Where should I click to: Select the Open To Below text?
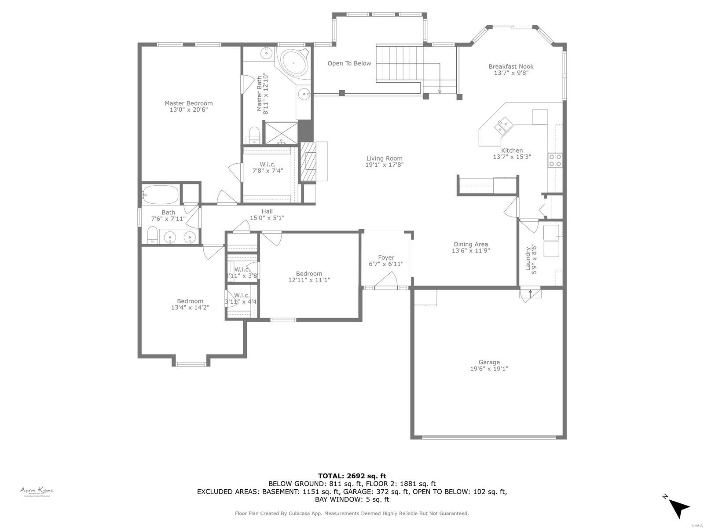click(x=349, y=63)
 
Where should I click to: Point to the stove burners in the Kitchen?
click(x=555, y=160)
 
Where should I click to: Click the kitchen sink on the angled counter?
click(x=502, y=125)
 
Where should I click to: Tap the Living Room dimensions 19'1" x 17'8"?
click(x=384, y=165)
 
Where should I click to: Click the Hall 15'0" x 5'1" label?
click(x=267, y=214)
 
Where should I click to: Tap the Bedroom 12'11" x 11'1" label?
click(x=309, y=276)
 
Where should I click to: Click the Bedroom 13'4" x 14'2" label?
click(x=190, y=304)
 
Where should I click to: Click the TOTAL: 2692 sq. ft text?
click(x=352, y=476)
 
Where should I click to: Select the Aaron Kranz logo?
click(x=36, y=491)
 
